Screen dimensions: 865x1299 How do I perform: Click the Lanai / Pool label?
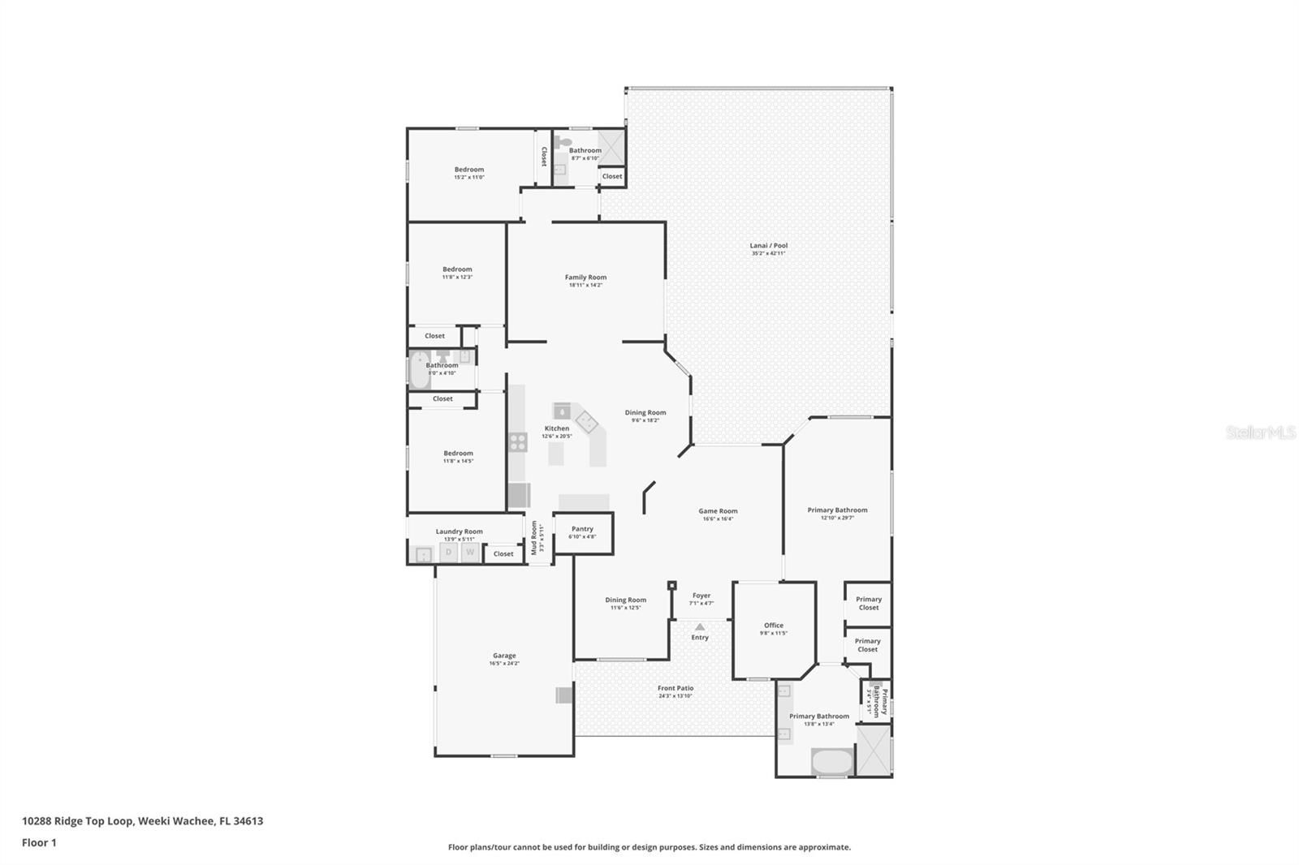click(768, 246)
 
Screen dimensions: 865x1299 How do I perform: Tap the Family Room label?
click(585, 278)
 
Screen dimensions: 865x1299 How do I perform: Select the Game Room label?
click(718, 511)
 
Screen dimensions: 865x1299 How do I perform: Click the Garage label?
click(504, 656)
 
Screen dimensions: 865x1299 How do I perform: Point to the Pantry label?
click(582, 529)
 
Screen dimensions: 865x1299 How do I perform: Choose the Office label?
click(774, 626)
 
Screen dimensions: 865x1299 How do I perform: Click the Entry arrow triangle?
click(700, 627)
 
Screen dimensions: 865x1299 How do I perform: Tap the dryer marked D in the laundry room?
click(448, 552)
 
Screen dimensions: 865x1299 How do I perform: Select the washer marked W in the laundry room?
click(470, 552)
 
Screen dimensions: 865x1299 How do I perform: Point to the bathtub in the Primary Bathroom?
click(831, 762)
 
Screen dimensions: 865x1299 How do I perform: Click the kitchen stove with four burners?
click(518, 442)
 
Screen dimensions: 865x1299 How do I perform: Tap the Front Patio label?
click(675, 688)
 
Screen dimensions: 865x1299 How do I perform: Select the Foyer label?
click(701, 596)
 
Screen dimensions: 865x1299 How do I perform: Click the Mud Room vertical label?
click(534, 538)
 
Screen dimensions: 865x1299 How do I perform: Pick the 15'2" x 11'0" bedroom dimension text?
click(469, 177)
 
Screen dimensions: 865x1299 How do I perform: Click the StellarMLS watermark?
click(1260, 432)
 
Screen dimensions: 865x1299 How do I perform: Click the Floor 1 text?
click(39, 842)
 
